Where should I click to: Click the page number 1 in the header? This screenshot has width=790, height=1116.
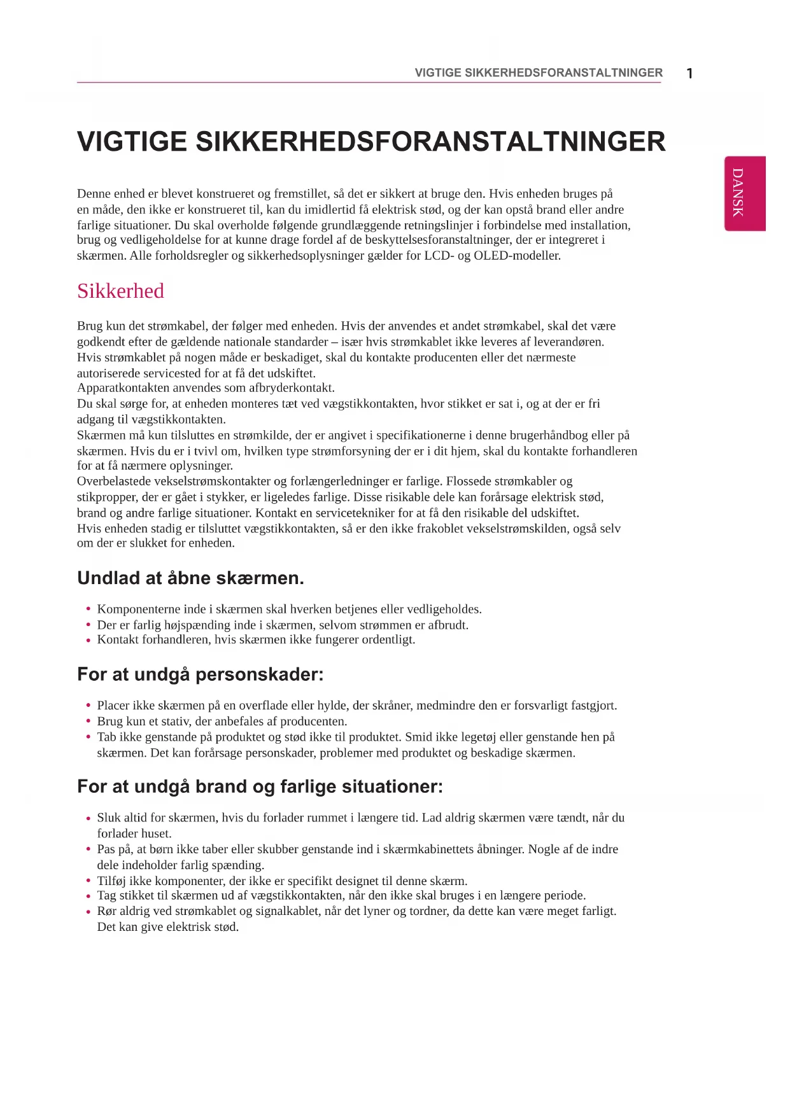tap(690, 73)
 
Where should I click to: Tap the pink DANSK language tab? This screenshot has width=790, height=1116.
tap(744, 193)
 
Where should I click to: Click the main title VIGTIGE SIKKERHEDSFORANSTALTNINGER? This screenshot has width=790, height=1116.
tap(371, 141)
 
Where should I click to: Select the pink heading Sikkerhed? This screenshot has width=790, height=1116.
tap(120, 291)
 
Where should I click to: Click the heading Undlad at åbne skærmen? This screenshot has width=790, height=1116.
tap(190, 578)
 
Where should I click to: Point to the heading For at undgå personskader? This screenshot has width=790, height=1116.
tap(200, 674)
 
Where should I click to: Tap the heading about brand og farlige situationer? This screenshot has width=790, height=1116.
tap(260, 786)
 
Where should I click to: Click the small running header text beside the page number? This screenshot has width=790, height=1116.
tap(538, 73)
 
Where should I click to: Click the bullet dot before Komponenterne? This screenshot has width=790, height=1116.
tap(88, 610)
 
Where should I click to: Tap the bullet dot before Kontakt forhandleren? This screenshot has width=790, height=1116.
tap(88, 640)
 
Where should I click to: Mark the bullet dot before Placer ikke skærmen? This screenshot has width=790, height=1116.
tap(88, 706)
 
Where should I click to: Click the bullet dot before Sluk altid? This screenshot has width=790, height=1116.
tap(88, 818)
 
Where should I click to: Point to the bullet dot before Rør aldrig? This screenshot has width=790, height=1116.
tap(88, 912)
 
